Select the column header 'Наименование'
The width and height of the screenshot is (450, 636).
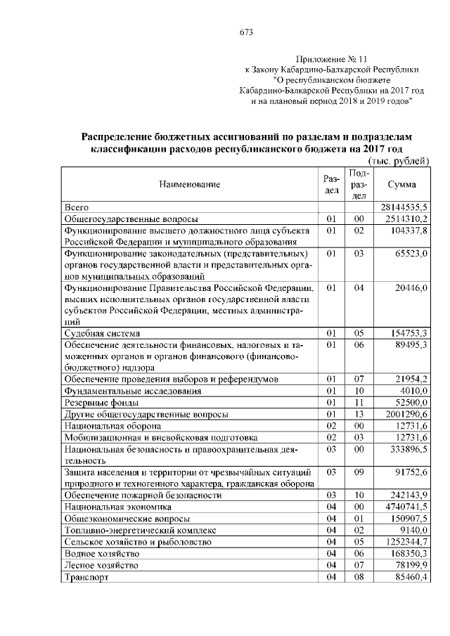tap(189, 185)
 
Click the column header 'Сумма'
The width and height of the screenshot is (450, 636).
tap(401, 185)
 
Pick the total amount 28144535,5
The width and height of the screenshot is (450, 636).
tap(404, 207)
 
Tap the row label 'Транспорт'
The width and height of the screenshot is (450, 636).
tap(85, 577)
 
